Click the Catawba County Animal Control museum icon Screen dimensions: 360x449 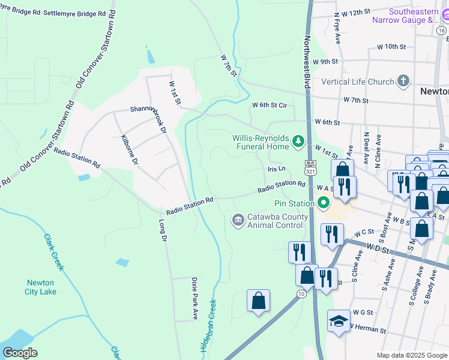coord(238,220)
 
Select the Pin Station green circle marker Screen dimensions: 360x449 coord(325,203)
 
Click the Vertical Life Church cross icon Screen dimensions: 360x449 coord(403,82)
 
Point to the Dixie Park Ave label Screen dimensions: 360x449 coord(194,298)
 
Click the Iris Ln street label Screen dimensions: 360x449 coord(276,170)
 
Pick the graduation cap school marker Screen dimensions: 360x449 coord(339,322)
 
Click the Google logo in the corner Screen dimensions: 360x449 coord(20,353)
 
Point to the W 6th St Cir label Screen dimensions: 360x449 coord(270,105)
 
